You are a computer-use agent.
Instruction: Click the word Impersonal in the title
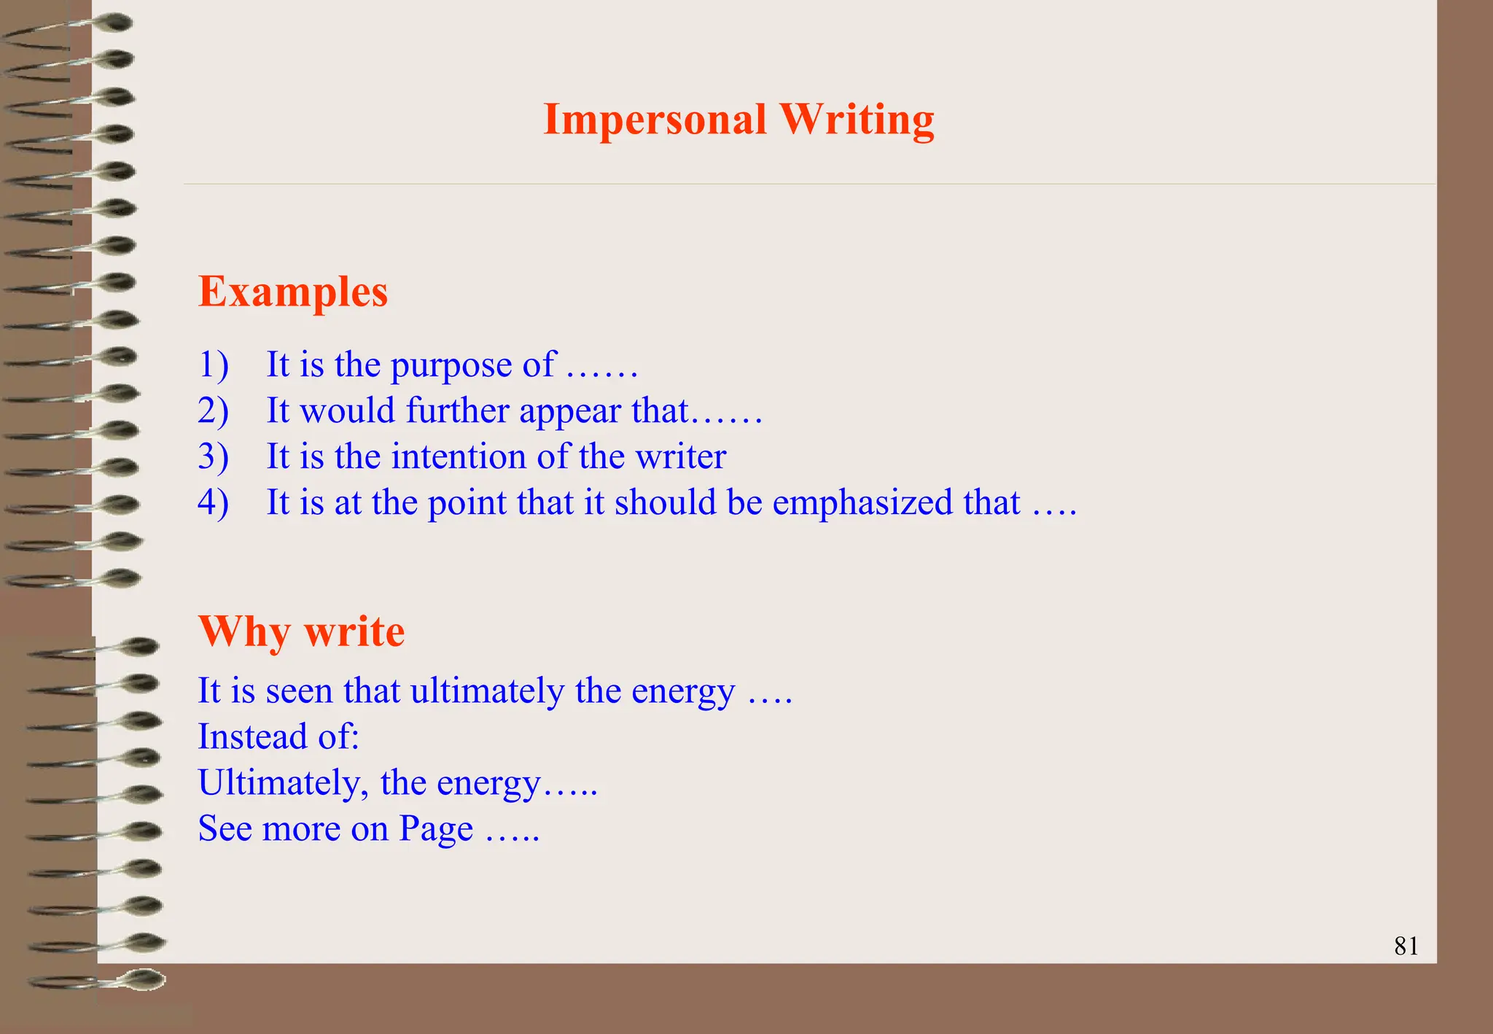click(x=655, y=120)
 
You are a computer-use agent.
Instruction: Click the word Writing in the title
click(x=857, y=120)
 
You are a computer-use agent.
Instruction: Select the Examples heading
click(x=293, y=292)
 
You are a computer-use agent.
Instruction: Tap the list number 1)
click(x=213, y=364)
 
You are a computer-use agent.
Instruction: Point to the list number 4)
click(x=213, y=502)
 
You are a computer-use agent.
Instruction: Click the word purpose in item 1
click(x=451, y=365)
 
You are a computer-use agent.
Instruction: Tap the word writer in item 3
click(x=681, y=456)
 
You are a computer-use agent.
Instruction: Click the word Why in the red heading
click(x=244, y=631)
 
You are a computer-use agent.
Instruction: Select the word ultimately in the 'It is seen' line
click(x=487, y=691)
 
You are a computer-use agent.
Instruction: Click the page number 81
click(x=1406, y=946)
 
